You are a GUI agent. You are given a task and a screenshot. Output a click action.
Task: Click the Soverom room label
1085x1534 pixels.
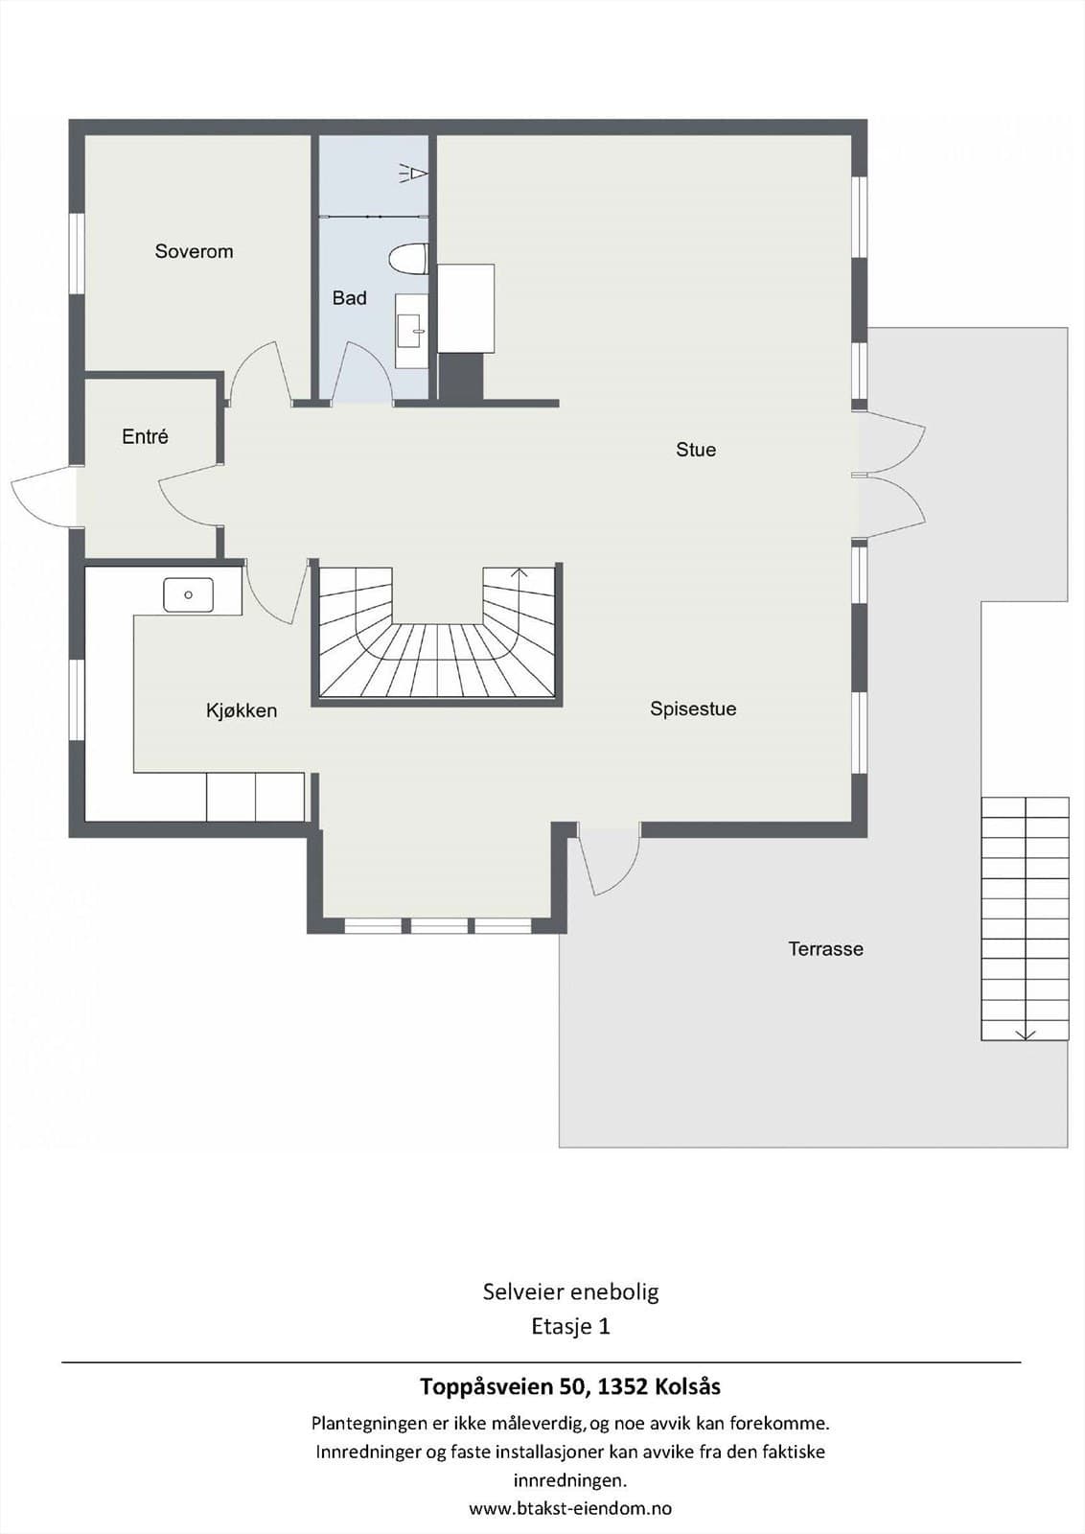[194, 251]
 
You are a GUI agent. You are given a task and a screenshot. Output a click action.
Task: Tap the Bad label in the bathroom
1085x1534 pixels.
[349, 298]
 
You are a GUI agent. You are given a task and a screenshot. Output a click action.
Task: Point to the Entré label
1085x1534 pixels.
[145, 436]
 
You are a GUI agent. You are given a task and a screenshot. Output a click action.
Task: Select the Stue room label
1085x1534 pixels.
[696, 450]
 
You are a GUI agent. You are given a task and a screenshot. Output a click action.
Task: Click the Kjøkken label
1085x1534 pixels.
[242, 710]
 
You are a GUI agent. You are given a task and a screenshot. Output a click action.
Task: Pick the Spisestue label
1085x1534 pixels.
[693, 709]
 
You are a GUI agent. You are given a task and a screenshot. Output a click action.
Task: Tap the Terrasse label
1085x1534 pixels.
[825, 948]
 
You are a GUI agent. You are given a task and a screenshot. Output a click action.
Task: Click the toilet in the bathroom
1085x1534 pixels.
[408, 260]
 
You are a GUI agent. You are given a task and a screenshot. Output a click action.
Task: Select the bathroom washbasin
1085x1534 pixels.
[412, 332]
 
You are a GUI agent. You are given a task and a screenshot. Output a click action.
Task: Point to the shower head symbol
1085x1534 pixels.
[413, 174]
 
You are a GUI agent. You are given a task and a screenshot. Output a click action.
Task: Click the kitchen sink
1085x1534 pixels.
[188, 594]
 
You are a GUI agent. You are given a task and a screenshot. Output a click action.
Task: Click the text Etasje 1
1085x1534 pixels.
[570, 1327]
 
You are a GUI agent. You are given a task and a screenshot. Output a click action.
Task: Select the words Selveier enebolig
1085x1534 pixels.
[571, 1291]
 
